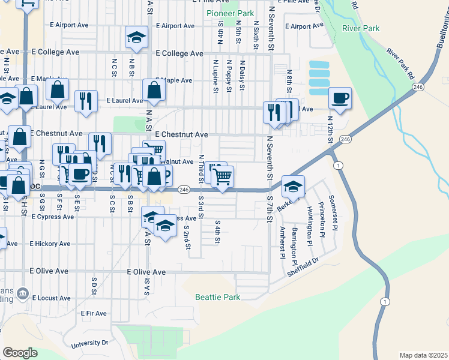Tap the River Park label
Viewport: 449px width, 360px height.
coord(361,28)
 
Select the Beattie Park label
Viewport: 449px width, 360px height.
coord(217,297)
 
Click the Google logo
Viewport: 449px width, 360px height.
coord(20,353)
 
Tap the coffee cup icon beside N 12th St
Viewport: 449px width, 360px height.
coord(340,98)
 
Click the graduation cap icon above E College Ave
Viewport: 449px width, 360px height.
coord(136,37)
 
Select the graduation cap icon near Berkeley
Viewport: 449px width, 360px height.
coord(293,186)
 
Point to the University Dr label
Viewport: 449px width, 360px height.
coord(89,344)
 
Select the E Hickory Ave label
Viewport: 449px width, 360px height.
coord(50,244)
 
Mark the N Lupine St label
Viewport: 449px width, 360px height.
coord(214,76)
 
